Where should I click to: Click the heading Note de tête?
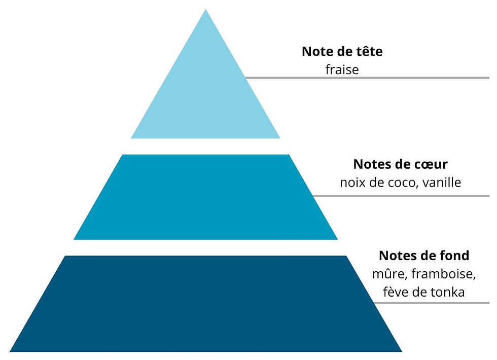click(x=342, y=51)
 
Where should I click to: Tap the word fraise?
click(x=342, y=69)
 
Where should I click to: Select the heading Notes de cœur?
click(x=400, y=164)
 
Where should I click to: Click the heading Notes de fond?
click(x=424, y=256)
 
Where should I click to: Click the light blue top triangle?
click(x=205, y=95)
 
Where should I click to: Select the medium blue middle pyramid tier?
click(x=205, y=197)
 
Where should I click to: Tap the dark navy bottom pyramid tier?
click(x=205, y=304)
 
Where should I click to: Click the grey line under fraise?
click(x=367, y=78)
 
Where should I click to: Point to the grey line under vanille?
click(x=401, y=196)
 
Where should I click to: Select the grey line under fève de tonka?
click(x=432, y=303)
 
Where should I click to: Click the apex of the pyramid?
click(x=205, y=9)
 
